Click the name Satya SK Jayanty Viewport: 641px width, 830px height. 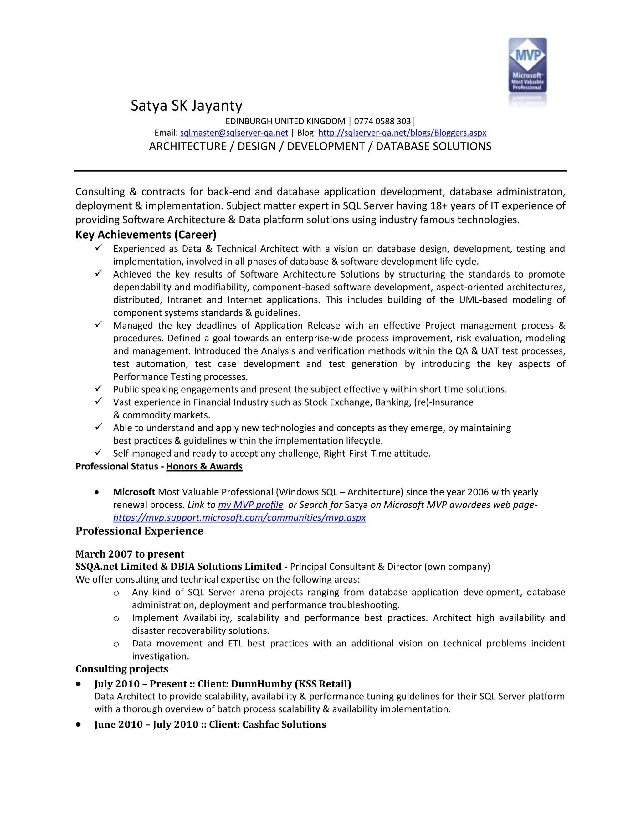pyautogui.click(x=186, y=106)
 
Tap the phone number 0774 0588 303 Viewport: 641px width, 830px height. pyautogui.click(x=382, y=121)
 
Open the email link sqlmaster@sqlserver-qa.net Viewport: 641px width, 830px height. pyautogui.click(x=234, y=132)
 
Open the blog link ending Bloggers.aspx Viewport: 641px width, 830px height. pyautogui.click(x=402, y=132)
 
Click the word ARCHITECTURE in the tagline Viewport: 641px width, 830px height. pyautogui.click(x=187, y=146)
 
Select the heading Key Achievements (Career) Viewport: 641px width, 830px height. pyautogui.click(x=146, y=235)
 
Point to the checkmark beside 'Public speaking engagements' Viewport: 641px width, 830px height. pyautogui.click(x=98, y=388)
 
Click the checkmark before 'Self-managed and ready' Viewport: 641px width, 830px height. pyautogui.click(x=98, y=452)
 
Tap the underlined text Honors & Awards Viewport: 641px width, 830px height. pyautogui.click(x=204, y=466)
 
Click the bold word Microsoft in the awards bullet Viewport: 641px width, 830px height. pyautogui.click(x=134, y=492)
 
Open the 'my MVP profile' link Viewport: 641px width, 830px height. pyautogui.click(x=250, y=505)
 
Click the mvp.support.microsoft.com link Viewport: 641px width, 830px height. pyautogui.click(x=239, y=518)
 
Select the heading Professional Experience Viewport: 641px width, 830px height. pyautogui.click(x=139, y=531)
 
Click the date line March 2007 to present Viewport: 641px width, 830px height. pyautogui.click(x=130, y=554)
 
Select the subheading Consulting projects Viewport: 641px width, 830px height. pyautogui.click(x=121, y=669)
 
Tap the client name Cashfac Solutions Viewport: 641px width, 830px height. pyautogui.click(x=284, y=724)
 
